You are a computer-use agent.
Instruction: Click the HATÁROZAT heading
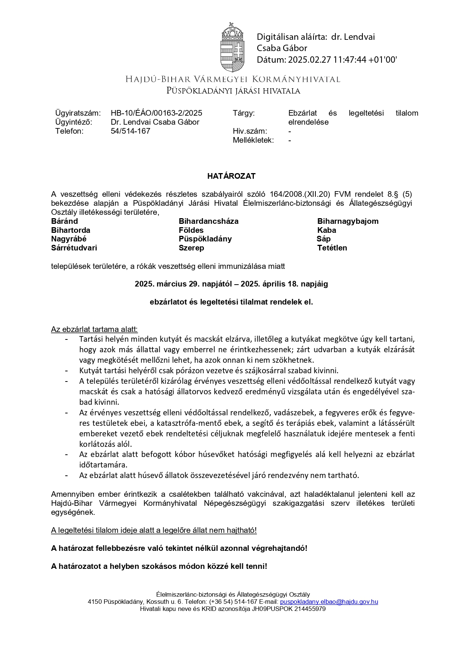tap(231, 176)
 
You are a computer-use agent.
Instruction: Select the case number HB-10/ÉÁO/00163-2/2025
tap(156, 113)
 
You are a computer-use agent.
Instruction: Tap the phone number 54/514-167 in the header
tap(130, 131)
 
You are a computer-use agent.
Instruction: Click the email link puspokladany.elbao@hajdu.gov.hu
tap(329, 602)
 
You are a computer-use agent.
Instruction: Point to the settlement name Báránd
tap(65, 221)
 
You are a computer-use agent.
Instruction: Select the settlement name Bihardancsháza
tap(208, 221)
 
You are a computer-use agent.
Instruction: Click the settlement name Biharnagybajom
tap(348, 221)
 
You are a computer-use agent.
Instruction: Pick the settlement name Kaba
tap(326, 230)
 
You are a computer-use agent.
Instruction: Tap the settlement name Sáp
tap(323, 239)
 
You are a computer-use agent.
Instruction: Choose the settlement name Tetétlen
tap(332, 248)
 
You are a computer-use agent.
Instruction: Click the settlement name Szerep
tap(191, 248)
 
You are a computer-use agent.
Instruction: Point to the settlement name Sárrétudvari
tap(74, 248)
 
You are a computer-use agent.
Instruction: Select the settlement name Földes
tap(191, 230)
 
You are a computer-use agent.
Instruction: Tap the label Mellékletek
tap(253, 140)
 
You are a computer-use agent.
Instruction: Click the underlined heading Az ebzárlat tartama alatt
tap(94, 329)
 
